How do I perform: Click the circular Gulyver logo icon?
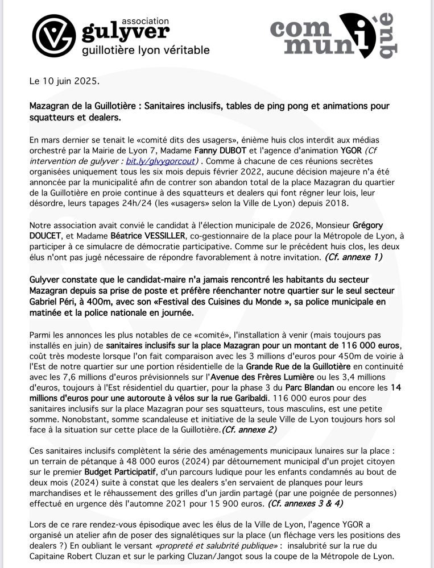point(53,35)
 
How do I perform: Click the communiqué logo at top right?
point(333,35)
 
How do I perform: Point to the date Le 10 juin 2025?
point(64,81)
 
